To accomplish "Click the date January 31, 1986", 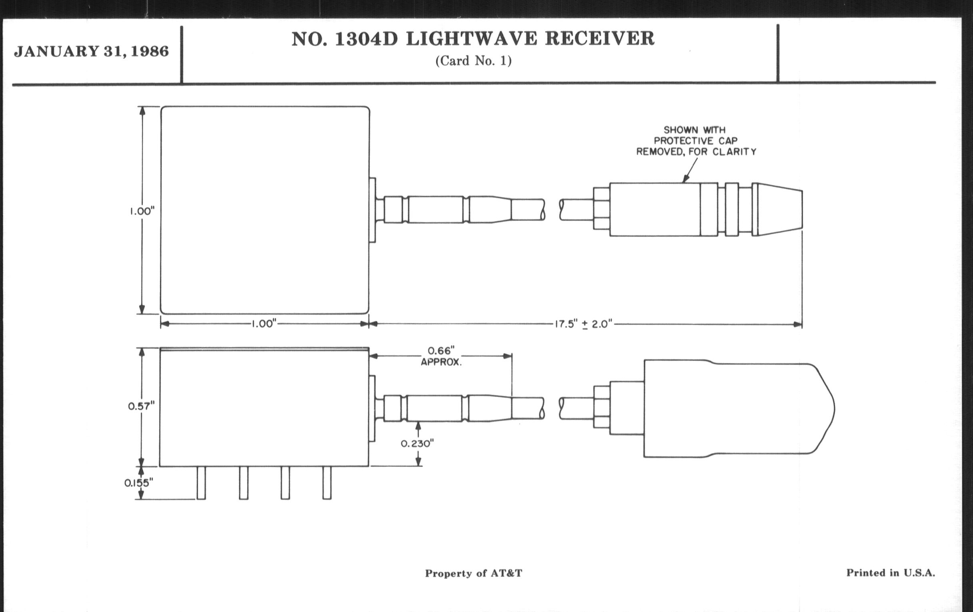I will [x=91, y=52].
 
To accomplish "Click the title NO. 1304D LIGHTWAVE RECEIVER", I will [x=473, y=39].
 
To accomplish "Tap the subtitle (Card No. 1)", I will [x=473, y=61].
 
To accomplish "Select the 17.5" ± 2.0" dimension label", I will [x=583, y=324].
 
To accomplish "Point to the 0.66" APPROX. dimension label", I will [x=441, y=356].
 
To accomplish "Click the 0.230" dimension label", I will [x=417, y=444].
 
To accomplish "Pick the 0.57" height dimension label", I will [x=141, y=406].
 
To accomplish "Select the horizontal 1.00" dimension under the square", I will [x=263, y=324].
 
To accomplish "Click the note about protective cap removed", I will [x=696, y=140].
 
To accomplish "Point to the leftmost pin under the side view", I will [x=201, y=483].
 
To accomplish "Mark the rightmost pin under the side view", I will [x=327, y=483].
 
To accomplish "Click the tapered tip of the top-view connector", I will [x=780, y=209].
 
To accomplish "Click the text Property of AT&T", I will [x=473, y=573].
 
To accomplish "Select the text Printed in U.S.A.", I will [x=891, y=572].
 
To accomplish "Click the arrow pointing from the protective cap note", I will [x=690, y=170].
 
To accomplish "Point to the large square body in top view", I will [x=265, y=210].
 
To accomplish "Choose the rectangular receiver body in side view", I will [x=264, y=408].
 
